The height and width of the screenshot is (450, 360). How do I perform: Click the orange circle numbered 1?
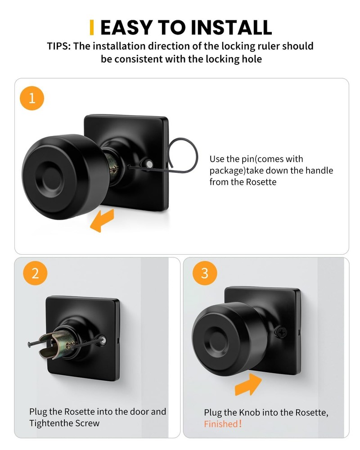coord(32,98)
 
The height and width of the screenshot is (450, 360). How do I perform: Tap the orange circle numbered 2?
coord(35,274)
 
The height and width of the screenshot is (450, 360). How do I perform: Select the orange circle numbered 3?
coord(205,273)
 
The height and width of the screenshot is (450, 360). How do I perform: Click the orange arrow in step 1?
coord(101,222)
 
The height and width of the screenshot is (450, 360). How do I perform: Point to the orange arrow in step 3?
coord(248,383)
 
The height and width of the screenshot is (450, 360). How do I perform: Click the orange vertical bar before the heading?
coord(92,27)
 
